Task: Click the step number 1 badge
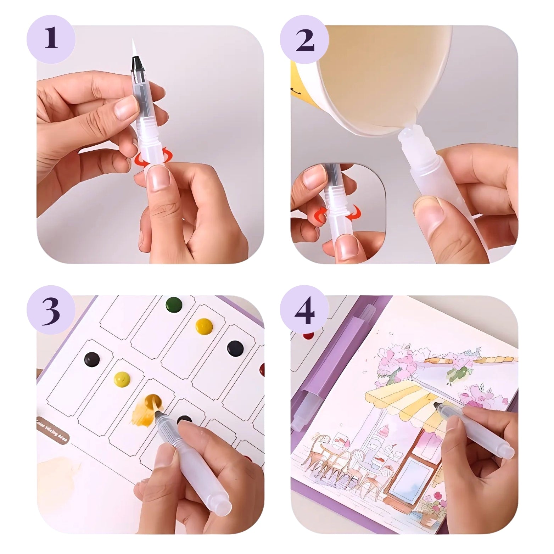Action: coord(51,39)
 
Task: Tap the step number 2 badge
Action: coord(304,39)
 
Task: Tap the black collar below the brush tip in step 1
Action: coord(136,65)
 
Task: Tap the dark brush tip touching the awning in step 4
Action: coord(437,405)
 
